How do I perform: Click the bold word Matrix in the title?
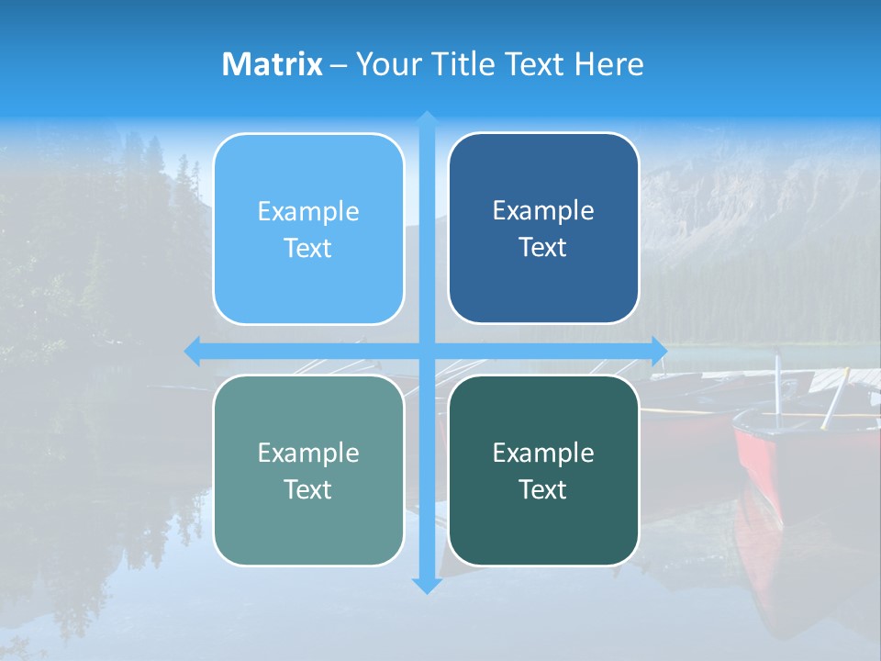click(273, 64)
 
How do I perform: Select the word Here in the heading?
click(609, 64)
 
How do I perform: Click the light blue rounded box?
click(308, 229)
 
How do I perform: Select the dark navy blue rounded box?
click(543, 229)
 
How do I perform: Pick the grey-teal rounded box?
click(308, 470)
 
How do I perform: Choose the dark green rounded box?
click(543, 470)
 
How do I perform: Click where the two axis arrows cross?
click(427, 350)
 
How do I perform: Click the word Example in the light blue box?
click(308, 211)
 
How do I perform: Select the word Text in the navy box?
click(543, 247)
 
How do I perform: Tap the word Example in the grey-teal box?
click(308, 453)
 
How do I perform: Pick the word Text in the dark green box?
click(543, 489)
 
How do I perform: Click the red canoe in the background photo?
click(780, 459)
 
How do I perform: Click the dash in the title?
click(339, 65)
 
